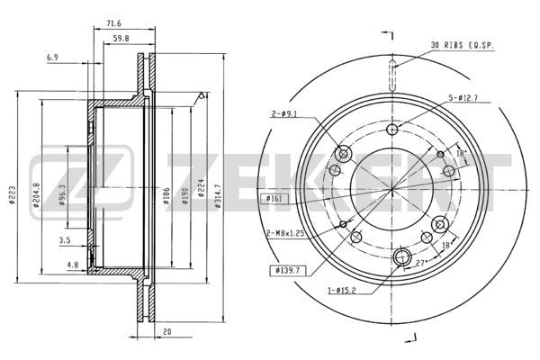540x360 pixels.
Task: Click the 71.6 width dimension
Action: pos(113,23)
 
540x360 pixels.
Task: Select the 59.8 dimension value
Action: pos(121,39)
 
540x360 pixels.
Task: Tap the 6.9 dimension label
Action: pos(52,58)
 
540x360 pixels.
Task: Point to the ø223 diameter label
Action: pos(12,195)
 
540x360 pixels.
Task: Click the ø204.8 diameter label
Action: pos(36,195)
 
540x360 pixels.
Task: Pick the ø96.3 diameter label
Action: pos(62,195)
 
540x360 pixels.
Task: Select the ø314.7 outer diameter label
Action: pos(217,195)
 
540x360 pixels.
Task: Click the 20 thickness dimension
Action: pos(167,332)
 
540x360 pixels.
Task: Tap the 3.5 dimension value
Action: pos(65,240)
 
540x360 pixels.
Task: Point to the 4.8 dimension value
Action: pos(73,265)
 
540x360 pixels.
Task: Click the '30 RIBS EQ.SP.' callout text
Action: pos(463,45)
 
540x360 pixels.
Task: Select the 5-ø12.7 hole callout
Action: pos(463,98)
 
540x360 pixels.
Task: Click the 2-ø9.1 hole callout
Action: pos(284,113)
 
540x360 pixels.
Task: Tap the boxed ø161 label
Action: pos(274,198)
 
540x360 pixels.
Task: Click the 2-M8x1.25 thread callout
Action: pos(286,234)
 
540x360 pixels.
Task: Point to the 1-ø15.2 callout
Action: pos(342,291)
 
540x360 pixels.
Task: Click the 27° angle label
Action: pos(420,263)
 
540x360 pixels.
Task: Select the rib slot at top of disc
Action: pos(392,76)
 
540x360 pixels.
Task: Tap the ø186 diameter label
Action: pos(166,195)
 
